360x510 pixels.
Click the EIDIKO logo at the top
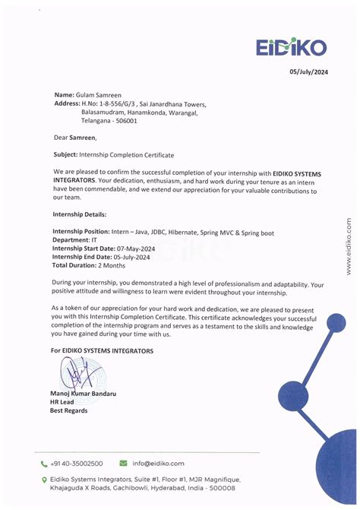coord(292,47)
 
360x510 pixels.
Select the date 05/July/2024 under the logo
coord(309,71)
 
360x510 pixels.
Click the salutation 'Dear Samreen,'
coord(75,138)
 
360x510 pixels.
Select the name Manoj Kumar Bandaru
coord(83,393)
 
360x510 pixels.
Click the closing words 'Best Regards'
coord(69,410)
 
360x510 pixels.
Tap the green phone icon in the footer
coord(44,463)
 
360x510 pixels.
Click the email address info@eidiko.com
coord(158,463)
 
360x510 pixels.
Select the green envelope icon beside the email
coord(123,463)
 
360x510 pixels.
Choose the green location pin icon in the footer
coord(44,480)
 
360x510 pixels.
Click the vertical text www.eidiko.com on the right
coord(349,246)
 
